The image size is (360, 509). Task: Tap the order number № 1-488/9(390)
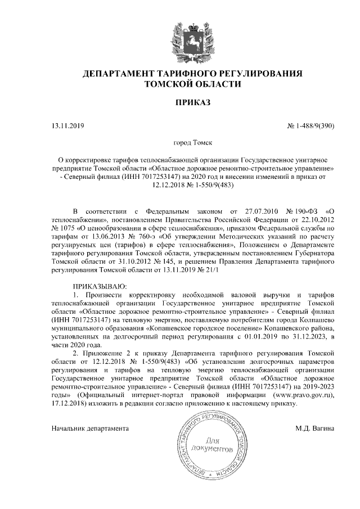coord(311,125)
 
